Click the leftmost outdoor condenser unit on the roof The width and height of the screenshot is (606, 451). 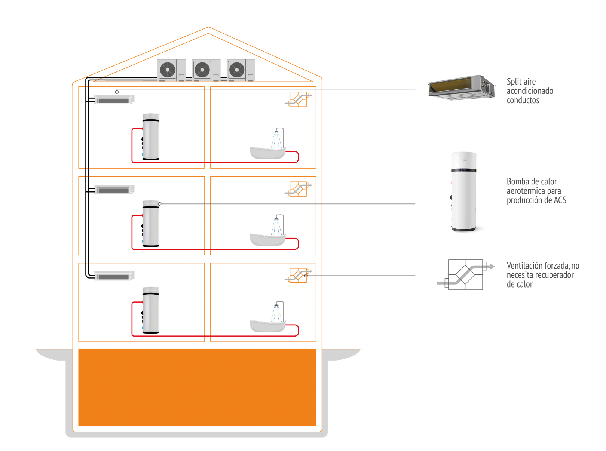point(171,70)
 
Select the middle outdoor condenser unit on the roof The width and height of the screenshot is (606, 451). point(206,70)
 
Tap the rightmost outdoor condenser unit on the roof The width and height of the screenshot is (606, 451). point(241,70)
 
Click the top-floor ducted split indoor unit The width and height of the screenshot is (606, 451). point(114,99)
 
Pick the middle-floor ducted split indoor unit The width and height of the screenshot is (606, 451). point(114,189)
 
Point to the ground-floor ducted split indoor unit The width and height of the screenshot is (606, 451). point(114,276)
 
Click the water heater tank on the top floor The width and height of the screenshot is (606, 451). point(151,137)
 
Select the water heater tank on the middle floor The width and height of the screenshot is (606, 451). point(151,224)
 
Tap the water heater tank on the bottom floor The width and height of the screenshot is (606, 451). point(151,310)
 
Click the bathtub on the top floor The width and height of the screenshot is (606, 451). point(267,152)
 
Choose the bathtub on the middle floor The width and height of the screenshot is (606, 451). point(267,239)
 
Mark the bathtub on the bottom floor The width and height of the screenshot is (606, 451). point(267,326)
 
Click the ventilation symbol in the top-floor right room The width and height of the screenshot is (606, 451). point(298,99)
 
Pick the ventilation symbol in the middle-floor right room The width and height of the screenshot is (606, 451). point(298,189)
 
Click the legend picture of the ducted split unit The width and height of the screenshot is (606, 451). point(462,88)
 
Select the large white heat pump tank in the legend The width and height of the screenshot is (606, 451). point(463,191)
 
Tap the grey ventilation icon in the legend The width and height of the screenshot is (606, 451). point(466,274)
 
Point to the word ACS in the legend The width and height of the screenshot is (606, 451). point(560,200)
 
